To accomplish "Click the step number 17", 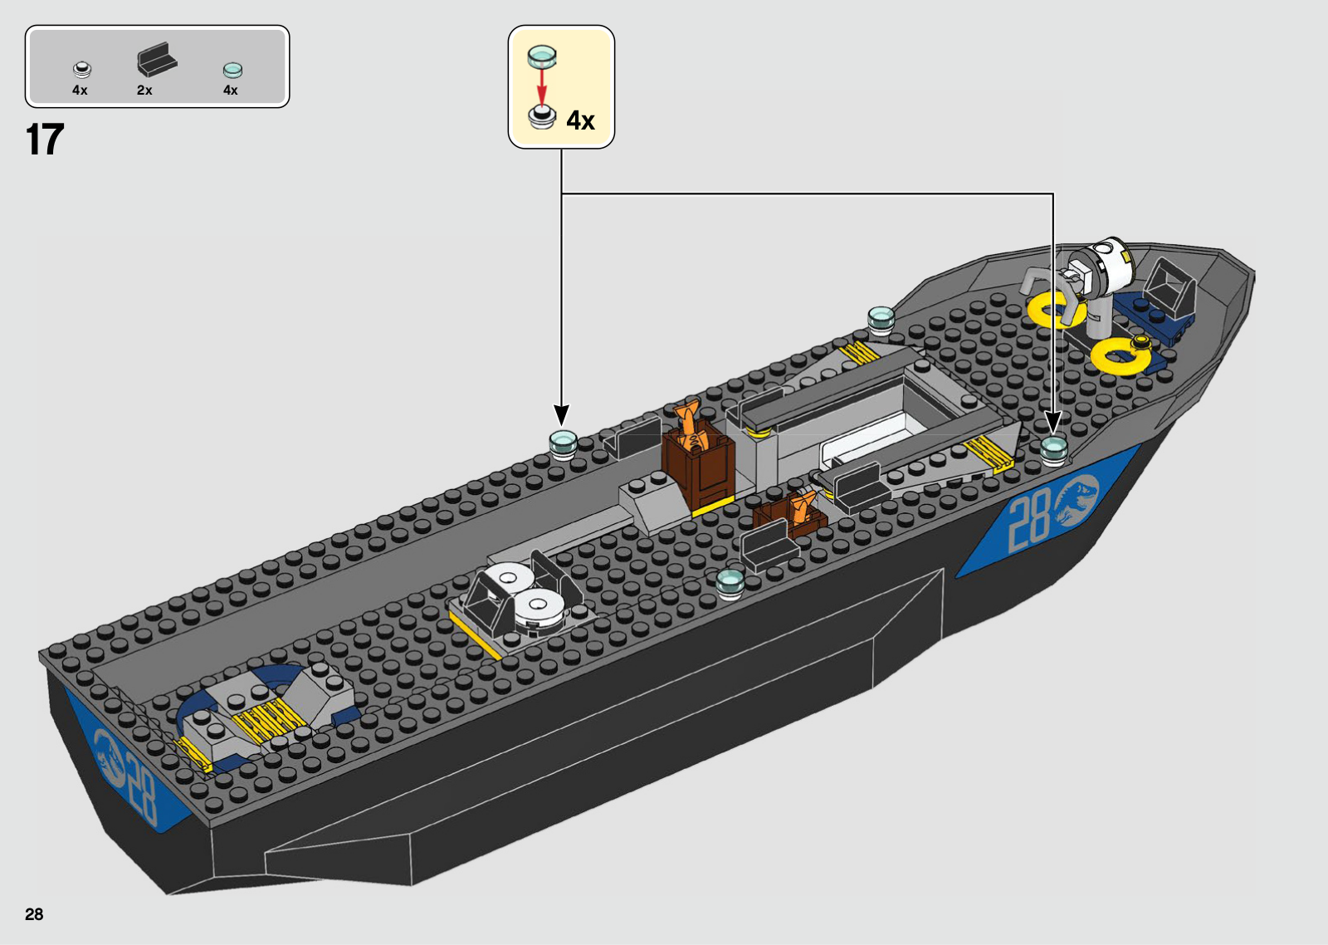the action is (x=45, y=140).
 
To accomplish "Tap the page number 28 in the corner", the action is (x=34, y=914).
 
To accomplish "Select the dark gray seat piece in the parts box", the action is (x=157, y=60).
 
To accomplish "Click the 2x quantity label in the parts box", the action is (x=144, y=91).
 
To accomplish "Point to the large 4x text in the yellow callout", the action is (x=580, y=121).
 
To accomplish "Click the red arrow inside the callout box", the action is (x=541, y=86).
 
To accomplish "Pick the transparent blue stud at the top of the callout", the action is (x=542, y=56).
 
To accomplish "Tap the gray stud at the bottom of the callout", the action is (x=542, y=117).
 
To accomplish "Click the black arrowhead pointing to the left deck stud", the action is (x=562, y=415).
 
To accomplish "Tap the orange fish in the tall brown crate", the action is (x=688, y=424).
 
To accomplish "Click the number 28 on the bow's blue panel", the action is (x=1029, y=521).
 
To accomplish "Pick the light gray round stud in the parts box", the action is (x=81, y=70).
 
